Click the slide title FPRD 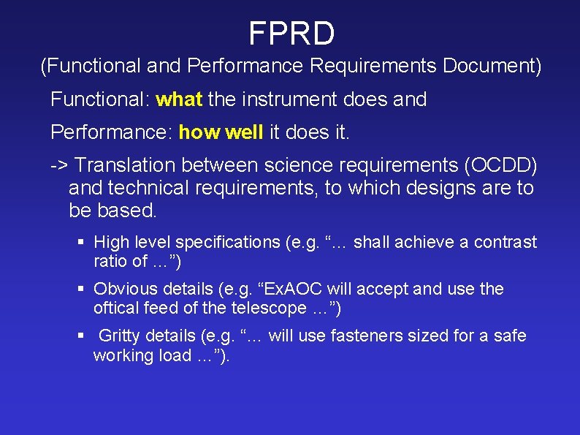pos(291,34)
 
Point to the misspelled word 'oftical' pos(115,308)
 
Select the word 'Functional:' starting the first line pos(100,99)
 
